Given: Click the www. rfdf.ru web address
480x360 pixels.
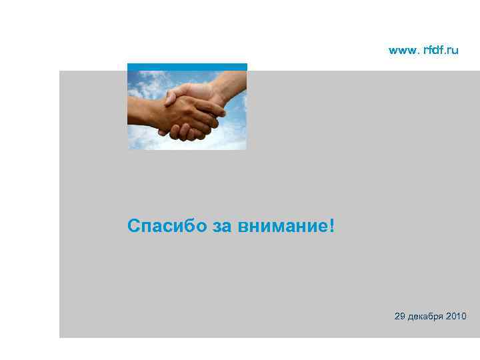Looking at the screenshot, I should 423,50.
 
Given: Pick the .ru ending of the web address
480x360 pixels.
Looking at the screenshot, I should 451,50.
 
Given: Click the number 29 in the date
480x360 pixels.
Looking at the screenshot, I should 399,315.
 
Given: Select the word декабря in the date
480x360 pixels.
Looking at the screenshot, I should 426,315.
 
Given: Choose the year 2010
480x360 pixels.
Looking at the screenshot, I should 457,315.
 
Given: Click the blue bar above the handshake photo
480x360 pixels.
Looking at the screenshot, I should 187,67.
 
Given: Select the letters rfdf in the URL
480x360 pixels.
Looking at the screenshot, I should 433,50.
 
